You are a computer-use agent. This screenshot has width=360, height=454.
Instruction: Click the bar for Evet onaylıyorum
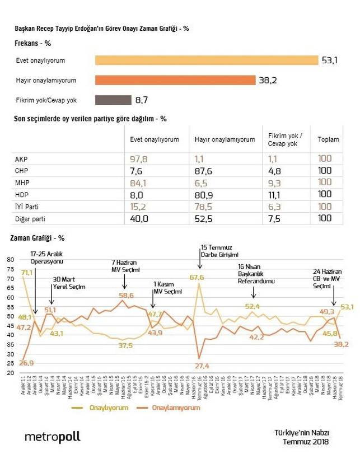click(x=199, y=60)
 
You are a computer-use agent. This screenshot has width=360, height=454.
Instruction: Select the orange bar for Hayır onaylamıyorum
click(x=175, y=80)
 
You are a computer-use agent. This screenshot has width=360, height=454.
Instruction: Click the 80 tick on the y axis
click(x=10, y=259)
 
